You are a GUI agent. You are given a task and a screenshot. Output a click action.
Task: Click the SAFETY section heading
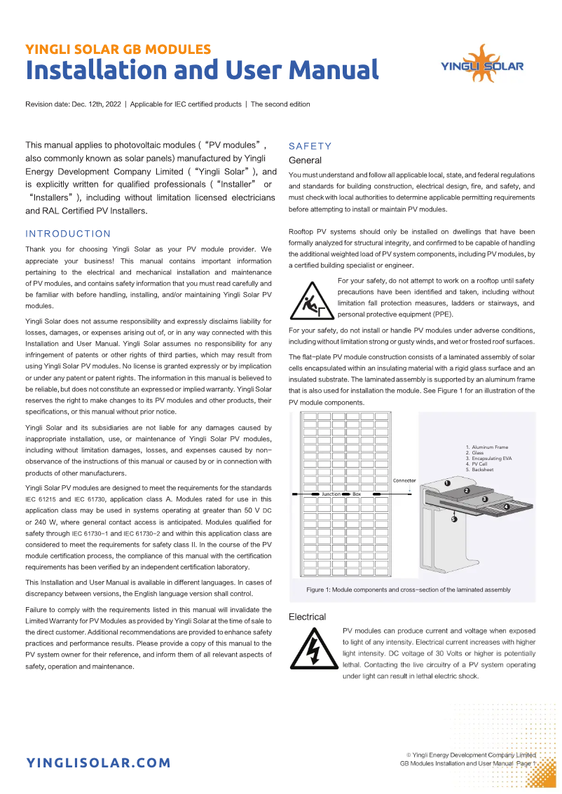point(310,146)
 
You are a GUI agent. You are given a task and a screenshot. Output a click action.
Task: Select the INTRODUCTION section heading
point(68,234)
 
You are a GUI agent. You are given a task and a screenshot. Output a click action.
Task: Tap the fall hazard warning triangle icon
point(310,298)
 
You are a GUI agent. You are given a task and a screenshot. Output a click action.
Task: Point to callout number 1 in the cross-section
point(447,483)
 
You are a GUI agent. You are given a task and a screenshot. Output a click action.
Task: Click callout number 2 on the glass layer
point(466,491)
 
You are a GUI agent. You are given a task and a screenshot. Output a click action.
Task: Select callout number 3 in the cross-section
point(484,499)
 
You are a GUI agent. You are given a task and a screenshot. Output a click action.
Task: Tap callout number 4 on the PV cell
point(507,506)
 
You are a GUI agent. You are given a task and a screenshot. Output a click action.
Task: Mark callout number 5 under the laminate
point(453,520)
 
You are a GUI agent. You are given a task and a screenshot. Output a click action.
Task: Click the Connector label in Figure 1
point(404,481)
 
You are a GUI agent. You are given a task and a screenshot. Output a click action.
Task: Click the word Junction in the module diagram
point(331,494)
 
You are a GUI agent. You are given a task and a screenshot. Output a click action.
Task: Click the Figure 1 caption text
point(409,590)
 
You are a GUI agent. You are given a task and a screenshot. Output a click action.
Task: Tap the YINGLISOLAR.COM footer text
point(98,762)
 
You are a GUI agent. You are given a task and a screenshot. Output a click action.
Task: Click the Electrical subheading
point(307,617)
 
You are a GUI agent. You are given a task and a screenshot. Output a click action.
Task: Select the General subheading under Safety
point(305,160)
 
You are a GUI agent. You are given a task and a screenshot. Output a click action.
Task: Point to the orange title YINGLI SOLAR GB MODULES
point(118,49)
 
